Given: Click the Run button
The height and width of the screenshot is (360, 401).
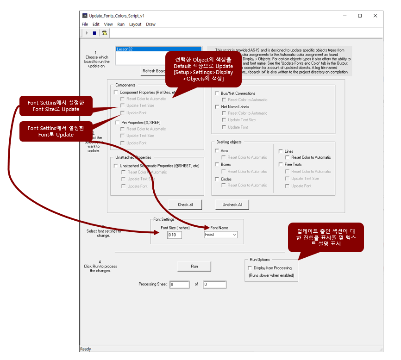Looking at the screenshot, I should tap(194, 266).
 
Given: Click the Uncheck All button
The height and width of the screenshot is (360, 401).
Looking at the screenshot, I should tap(232, 205).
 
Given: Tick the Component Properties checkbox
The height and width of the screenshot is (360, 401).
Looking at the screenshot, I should tap(116, 93).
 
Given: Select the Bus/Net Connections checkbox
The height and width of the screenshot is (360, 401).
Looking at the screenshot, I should tap(217, 93).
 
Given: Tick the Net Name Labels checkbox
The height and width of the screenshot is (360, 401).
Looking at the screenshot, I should tap(217, 107).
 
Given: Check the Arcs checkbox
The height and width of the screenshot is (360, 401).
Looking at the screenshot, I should tap(217, 151).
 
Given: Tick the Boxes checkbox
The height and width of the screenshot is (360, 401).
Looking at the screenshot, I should tap(217, 165).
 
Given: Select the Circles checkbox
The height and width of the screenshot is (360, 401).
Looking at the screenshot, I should tap(217, 179).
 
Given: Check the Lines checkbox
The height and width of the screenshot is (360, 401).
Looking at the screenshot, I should tap(281, 151).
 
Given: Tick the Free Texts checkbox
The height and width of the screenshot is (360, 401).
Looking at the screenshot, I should tap(281, 165).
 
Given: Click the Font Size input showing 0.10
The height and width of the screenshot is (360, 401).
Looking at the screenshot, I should tap(175, 235).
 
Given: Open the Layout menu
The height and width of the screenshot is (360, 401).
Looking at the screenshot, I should tap(135, 24).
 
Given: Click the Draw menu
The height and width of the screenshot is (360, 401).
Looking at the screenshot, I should tap(150, 24).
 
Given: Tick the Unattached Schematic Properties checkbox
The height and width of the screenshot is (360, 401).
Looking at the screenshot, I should tap(116, 166).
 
